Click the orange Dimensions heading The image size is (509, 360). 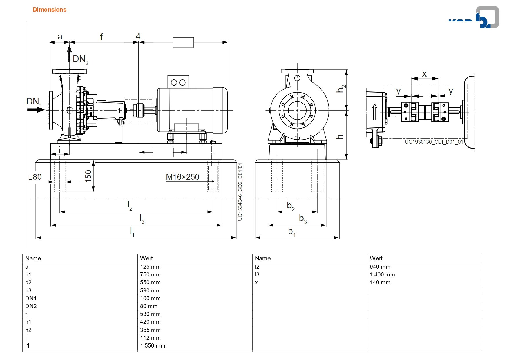click(49, 10)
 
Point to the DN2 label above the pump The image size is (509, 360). click(80, 59)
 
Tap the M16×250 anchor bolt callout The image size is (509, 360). click(182, 177)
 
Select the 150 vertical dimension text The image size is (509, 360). click(88, 176)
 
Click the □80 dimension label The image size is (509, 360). click(35, 177)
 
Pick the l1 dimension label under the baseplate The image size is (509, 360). click(132, 231)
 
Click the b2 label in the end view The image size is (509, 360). click(291, 206)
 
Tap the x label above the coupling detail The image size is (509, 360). click(424, 74)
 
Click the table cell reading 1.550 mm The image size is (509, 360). click(153, 345)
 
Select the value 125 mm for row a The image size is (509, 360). click(150, 267)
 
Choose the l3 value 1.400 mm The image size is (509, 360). click(382, 274)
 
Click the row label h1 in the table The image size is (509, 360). click(28, 322)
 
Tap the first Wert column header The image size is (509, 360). click(146, 258)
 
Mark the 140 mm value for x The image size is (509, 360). click(380, 282)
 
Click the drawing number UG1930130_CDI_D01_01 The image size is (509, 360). click(434, 142)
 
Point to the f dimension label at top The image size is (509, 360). click(101, 37)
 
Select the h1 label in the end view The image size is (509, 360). click(341, 135)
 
